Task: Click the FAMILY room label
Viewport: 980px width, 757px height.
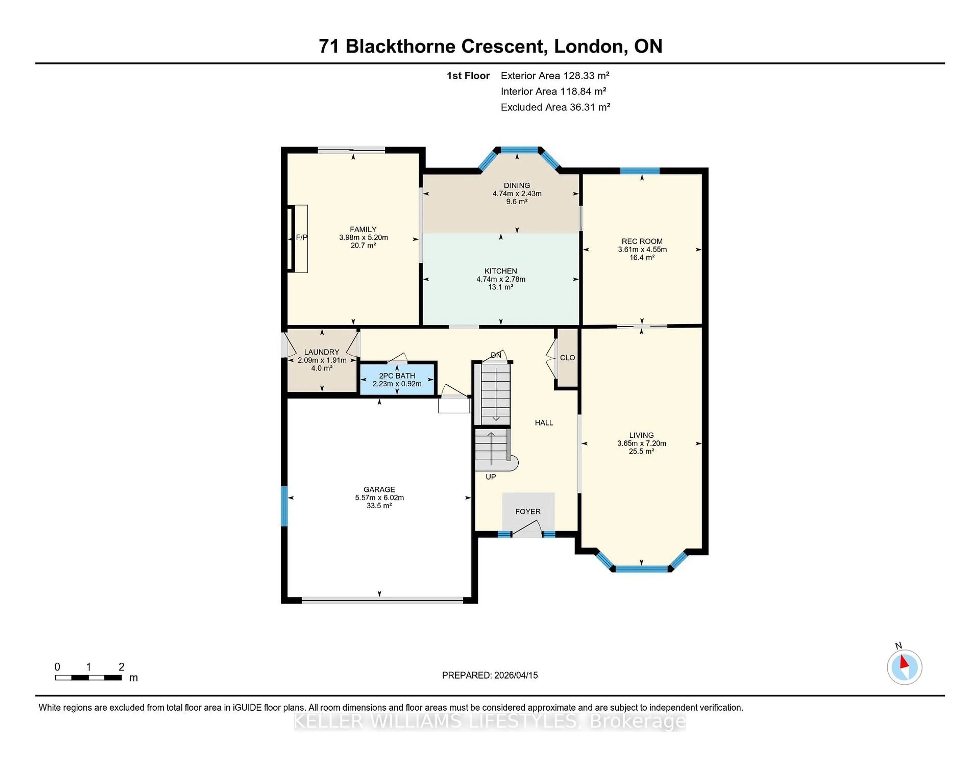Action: [363, 229]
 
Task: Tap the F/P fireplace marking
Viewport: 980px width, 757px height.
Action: [302, 237]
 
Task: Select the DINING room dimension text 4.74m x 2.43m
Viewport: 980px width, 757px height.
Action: [517, 194]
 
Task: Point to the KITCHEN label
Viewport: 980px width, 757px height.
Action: [501, 271]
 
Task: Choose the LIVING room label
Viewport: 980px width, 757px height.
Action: [641, 435]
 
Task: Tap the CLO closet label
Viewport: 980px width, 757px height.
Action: [567, 357]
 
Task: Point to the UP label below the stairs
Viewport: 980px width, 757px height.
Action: [491, 477]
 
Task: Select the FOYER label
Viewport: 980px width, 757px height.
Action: [528, 511]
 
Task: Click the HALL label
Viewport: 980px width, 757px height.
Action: [544, 422]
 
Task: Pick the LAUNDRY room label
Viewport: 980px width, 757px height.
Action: [322, 352]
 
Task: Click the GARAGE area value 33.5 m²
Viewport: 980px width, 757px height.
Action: [379, 506]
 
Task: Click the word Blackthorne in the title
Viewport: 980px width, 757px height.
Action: [444, 46]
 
